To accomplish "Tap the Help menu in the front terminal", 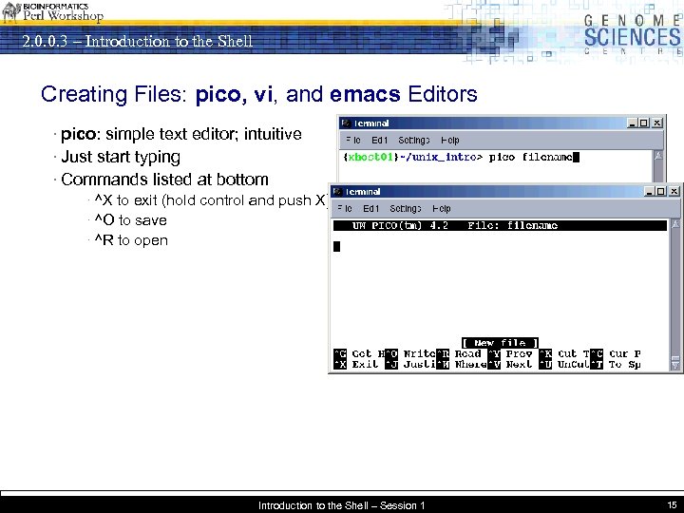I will click(442, 208).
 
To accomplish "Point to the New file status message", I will click(501, 342).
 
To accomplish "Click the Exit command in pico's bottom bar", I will click(365, 365).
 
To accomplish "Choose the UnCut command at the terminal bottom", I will click(573, 365).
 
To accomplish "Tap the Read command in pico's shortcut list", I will click(468, 353).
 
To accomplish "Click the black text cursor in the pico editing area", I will click(336, 247).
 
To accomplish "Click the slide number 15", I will click(671, 504).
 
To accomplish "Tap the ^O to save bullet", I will click(131, 220).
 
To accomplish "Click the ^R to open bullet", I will click(131, 240).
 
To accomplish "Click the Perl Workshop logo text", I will click(64, 15).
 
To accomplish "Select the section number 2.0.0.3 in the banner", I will click(48, 41).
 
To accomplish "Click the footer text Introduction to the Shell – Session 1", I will click(341, 505).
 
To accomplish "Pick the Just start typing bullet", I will click(121, 157).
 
